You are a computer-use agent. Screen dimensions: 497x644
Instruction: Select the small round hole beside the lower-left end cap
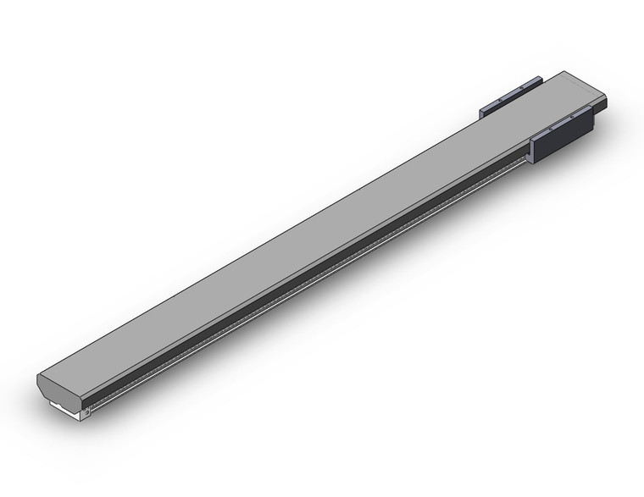click(85, 412)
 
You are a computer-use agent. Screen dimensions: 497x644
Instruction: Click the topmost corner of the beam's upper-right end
click(563, 71)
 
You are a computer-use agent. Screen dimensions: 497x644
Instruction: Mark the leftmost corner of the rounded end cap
click(38, 379)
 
